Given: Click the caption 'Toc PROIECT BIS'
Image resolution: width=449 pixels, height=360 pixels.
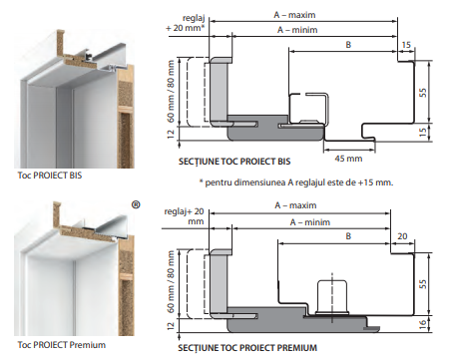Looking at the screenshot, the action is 50,176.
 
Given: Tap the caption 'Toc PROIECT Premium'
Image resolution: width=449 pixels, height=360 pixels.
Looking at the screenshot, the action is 62,345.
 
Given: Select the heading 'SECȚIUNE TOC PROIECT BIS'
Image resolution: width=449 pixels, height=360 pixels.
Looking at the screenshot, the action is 234,162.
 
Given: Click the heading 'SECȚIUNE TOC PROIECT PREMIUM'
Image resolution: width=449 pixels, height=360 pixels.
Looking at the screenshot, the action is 247,348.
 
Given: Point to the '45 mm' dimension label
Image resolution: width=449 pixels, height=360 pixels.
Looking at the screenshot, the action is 348,159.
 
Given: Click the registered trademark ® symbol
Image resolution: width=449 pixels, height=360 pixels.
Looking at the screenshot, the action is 136,204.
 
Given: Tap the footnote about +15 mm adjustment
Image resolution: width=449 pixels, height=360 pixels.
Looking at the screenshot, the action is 296,182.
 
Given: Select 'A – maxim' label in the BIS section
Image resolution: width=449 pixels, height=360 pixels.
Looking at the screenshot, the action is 294,15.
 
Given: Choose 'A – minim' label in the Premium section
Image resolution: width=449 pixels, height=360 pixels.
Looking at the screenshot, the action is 310,222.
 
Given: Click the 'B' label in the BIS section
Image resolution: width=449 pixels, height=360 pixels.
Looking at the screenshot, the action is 348,45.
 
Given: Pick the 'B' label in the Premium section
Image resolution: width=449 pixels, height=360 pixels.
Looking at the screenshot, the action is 348,236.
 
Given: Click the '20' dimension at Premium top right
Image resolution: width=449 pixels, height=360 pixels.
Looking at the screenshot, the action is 402,236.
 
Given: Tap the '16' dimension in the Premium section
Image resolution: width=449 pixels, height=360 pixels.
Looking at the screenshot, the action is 423,325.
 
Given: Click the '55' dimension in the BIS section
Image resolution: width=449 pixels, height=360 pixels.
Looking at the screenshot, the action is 423,93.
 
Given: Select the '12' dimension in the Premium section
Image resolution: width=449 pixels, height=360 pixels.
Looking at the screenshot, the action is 171,326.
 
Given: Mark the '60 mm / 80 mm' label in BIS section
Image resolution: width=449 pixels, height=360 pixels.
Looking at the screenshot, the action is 171,91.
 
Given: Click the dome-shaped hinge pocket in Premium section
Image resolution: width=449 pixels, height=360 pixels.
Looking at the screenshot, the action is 332,297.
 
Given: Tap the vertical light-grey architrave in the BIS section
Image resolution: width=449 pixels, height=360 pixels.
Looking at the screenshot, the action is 219,91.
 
